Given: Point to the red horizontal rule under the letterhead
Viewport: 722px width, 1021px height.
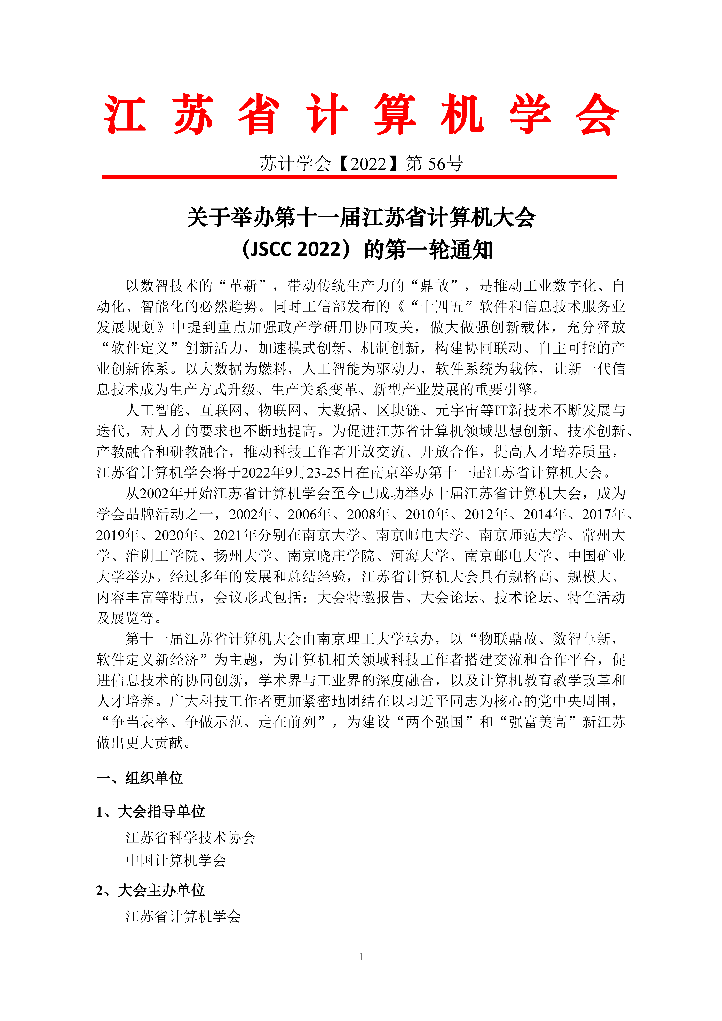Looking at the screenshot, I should (359, 177).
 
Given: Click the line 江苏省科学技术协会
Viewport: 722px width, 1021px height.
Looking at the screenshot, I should (190, 837).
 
